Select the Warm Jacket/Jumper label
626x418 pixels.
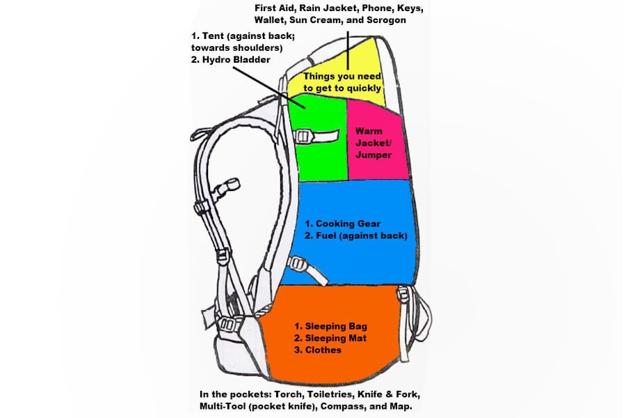pos(374,142)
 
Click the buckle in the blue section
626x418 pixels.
pos(299,265)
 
